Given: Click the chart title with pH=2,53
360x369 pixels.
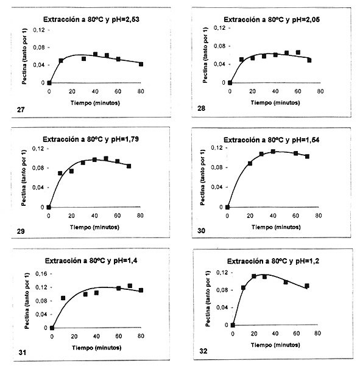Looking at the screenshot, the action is tap(91, 19).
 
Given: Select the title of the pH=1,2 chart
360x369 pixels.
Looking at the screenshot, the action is tap(273, 261).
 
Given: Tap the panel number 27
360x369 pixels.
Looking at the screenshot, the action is tap(21, 110).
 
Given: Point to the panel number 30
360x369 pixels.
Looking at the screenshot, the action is tap(201, 231).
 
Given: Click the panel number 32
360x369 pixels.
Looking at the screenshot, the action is tap(203, 351).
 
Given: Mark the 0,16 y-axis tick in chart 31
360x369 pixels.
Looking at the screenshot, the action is tap(41, 273).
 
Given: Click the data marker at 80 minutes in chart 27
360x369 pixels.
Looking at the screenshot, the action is tap(141, 64).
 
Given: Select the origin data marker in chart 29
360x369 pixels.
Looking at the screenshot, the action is tap(49, 207).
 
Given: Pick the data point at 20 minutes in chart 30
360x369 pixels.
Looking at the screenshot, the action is tap(250, 163).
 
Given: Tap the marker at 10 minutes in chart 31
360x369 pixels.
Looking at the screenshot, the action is tap(63, 298).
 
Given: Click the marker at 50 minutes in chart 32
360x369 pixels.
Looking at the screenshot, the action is tap(286, 282).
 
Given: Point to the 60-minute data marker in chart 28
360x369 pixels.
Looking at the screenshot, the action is tap(298, 52).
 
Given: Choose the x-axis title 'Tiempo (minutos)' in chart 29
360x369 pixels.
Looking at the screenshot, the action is tap(94, 227).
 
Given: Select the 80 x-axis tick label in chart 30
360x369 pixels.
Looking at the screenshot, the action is tap(319, 216).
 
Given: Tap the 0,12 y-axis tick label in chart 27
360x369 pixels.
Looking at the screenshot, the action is tap(39, 30).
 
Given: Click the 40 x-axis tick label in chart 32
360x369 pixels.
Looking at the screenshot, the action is tap(275, 333).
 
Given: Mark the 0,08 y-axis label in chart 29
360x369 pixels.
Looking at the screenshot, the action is tap(38, 168).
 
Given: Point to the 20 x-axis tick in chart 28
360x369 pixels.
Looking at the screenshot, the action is tap(252, 91).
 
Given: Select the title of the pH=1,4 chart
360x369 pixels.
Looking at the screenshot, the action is tap(91, 261).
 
